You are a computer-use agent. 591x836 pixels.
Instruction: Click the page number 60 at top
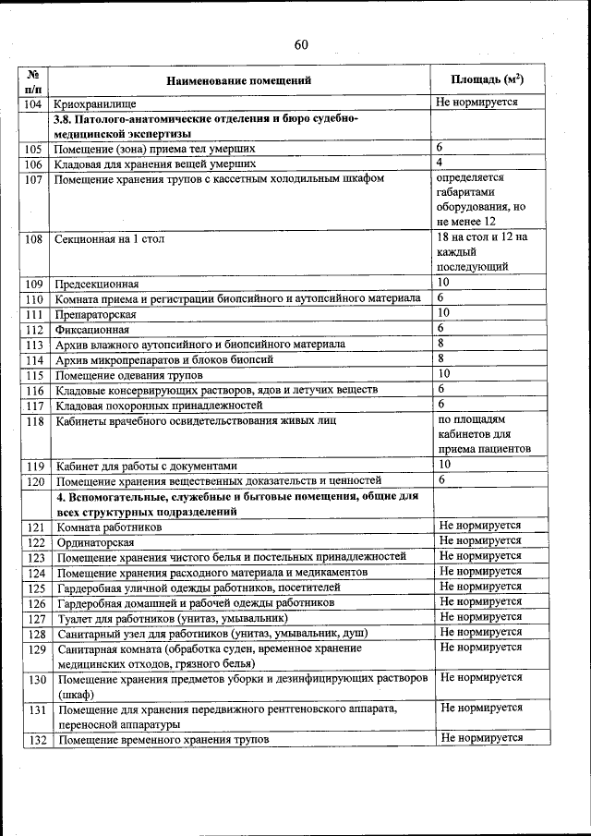tap(301, 45)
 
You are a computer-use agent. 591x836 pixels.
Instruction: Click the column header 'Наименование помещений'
tap(239, 80)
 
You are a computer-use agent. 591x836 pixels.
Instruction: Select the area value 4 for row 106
tap(441, 163)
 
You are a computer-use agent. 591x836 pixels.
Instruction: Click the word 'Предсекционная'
tap(97, 284)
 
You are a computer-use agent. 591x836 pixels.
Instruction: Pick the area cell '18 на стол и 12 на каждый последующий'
tap(480, 252)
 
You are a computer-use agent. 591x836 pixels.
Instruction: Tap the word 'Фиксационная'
tap(91, 329)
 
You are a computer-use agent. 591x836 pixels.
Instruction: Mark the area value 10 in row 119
tap(444, 464)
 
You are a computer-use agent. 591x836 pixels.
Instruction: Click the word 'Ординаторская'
tap(95, 542)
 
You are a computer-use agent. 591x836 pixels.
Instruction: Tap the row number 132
tap(37, 740)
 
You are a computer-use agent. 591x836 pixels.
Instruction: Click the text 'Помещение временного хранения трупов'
tap(163, 740)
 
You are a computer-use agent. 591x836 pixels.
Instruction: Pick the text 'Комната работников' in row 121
tap(109, 527)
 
